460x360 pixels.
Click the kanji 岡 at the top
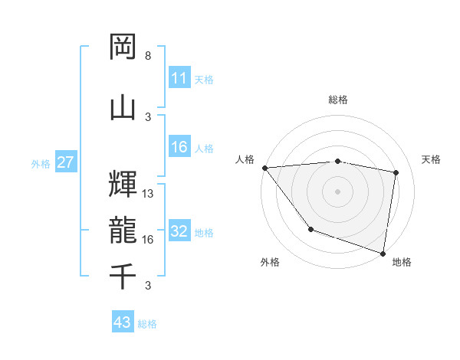tap(123, 47)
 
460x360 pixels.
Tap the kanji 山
tap(123, 106)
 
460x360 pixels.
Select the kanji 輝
tap(123, 182)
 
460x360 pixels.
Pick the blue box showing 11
tap(179, 78)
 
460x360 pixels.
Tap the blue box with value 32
tap(179, 232)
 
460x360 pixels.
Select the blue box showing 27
tap(65, 162)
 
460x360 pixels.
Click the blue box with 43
tap(123, 322)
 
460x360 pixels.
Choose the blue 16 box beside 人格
tap(179, 148)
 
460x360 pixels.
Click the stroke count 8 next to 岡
tap(148, 56)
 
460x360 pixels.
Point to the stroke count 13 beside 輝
tap(148, 193)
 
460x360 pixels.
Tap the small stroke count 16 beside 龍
tap(148, 240)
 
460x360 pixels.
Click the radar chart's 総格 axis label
tap(338, 100)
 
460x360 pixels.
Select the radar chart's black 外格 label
tap(270, 262)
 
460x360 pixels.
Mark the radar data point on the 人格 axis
tap(264, 168)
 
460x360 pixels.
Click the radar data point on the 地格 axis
tap(383, 252)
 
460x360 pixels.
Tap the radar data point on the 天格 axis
tap(396, 172)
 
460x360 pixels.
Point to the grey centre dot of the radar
tap(338, 191)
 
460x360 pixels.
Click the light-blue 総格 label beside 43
tap(147, 323)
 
